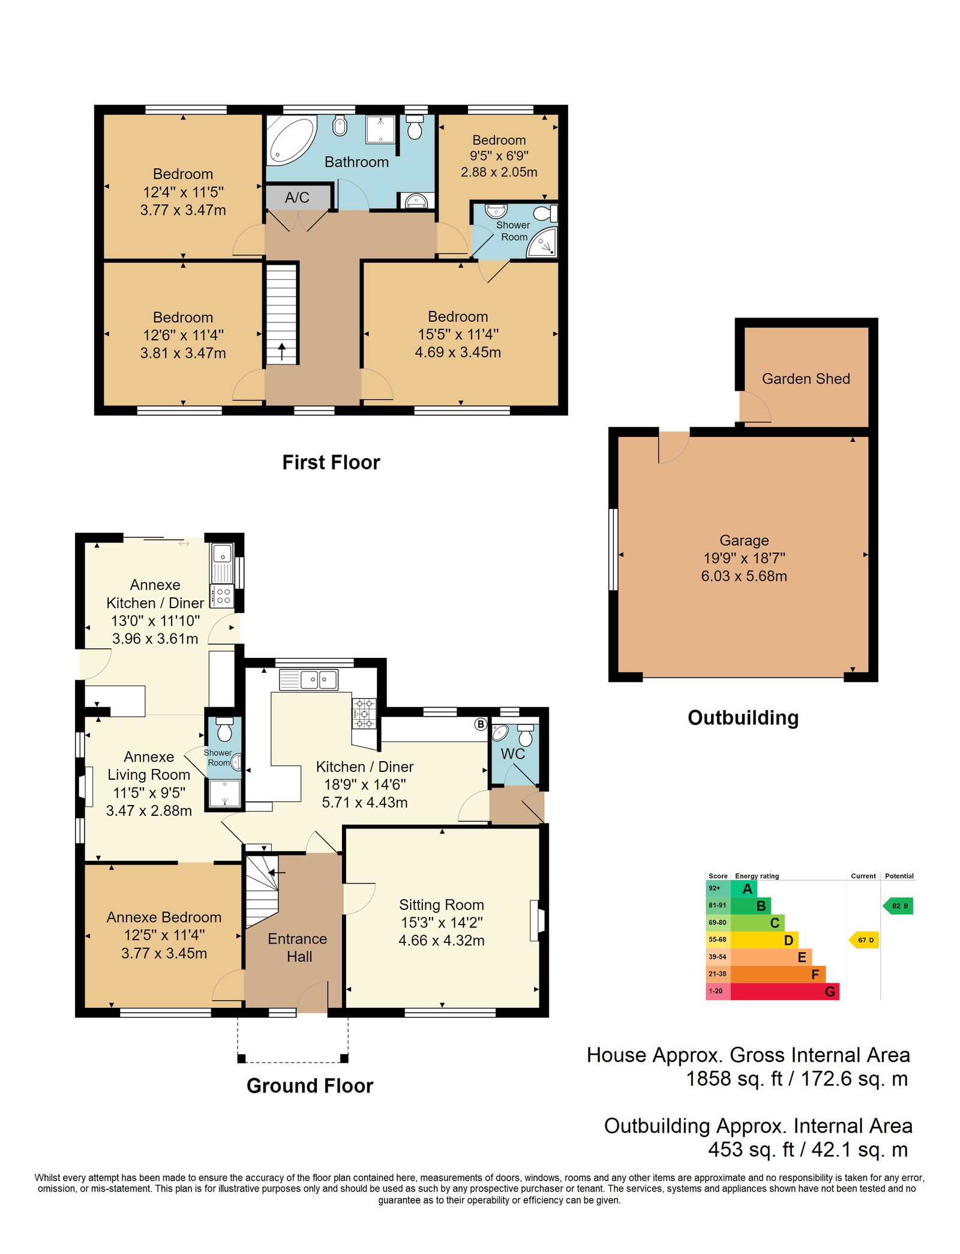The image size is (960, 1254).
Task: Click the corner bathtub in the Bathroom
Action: tap(291, 140)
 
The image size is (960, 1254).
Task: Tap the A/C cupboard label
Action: tap(297, 197)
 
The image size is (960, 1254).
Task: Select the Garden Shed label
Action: tap(806, 379)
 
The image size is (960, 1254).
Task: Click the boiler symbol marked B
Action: tap(481, 724)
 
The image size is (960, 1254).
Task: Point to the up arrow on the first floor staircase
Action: tap(282, 351)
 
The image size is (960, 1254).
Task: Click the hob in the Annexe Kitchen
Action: tap(223, 595)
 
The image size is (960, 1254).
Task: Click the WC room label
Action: tap(513, 754)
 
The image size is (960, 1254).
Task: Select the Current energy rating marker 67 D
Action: tap(864, 940)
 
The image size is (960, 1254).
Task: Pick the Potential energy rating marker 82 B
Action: tap(898, 906)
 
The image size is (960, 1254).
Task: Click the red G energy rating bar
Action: tap(784, 992)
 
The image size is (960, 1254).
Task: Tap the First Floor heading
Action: tap(331, 462)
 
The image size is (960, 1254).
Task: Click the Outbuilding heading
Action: tap(743, 718)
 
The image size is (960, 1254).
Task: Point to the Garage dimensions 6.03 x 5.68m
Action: tap(744, 576)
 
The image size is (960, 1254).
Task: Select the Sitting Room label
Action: tap(442, 905)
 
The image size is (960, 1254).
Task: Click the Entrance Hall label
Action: tap(298, 948)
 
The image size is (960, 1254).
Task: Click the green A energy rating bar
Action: tap(744, 889)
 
